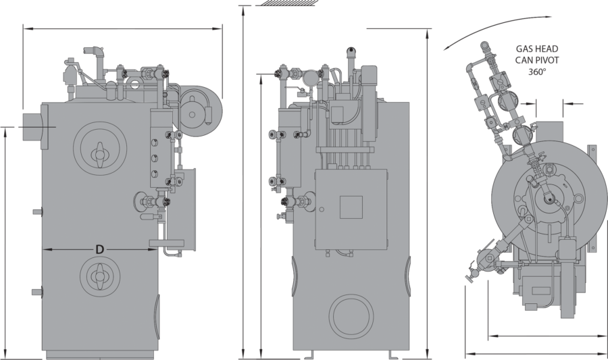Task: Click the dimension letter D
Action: (x=100, y=249)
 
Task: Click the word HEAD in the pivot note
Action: (x=547, y=49)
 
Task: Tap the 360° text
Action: (x=537, y=72)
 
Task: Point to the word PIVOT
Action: (x=547, y=61)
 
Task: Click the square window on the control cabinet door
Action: (x=351, y=207)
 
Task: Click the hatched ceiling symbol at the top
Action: (x=285, y=3)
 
